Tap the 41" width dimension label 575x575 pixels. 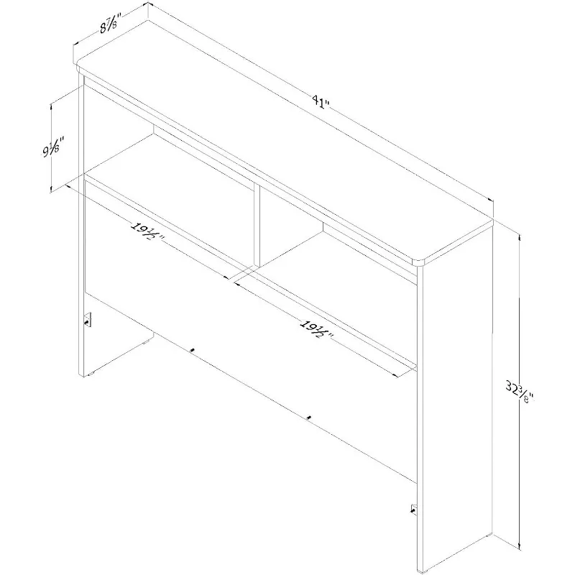(x=321, y=101)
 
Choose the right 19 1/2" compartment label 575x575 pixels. (x=316, y=328)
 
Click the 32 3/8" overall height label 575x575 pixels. (x=520, y=391)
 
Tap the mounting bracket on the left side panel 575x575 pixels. (x=88, y=320)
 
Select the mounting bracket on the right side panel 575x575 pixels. (x=414, y=509)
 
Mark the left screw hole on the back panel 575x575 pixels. (x=192, y=351)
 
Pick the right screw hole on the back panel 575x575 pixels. (x=309, y=418)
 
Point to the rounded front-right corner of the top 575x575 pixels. (x=418, y=262)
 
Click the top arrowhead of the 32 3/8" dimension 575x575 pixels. (x=520, y=237)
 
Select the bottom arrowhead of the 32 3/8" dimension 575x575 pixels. (x=520, y=546)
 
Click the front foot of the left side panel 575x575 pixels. (x=90, y=375)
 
